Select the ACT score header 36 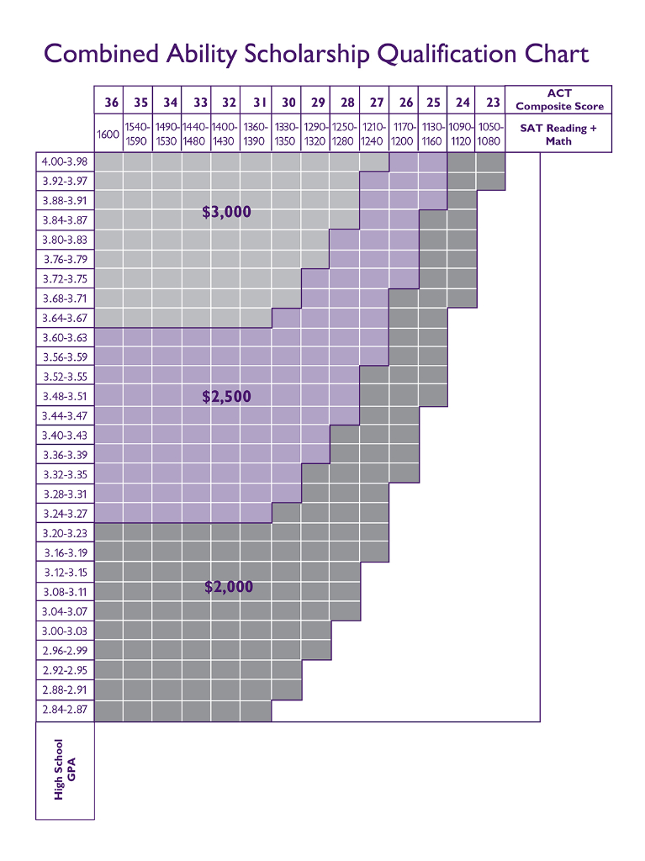[x=111, y=103]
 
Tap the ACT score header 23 [x=493, y=103]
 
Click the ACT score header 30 [x=288, y=103]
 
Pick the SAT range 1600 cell [x=108, y=135]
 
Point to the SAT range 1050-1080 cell [x=489, y=135]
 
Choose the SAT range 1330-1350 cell [x=285, y=135]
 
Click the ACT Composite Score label [x=559, y=100]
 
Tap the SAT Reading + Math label [x=558, y=135]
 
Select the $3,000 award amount [x=227, y=212]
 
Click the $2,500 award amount [x=227, y=396]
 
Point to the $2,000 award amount [x=229, y=587]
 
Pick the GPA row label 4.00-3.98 [x=65, y=161]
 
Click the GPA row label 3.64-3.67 [x=65, y=318]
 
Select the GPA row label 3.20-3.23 [x=65, y=533]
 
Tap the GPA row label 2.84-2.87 [x=65, y=710]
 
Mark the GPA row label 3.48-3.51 [x=65, y=396]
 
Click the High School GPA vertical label [x=65, y=769]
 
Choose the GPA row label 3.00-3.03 [x=65, y=631]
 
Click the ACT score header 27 [x=377, y=103]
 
